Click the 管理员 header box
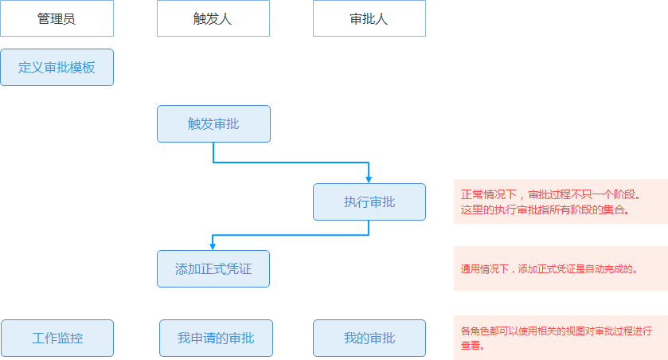coord(57,18)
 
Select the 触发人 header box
coord(213,18)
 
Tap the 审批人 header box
coord(369,18)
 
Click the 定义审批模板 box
coord(57,67)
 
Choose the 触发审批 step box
coord(213,123)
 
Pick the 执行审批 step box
coord(369,202)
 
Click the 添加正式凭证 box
coord(213,268)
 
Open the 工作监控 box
coord(57,338)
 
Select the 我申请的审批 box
coord(216,338)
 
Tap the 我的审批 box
coord(369,338)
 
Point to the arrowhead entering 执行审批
coord(369,179)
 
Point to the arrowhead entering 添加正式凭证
coord(213,246)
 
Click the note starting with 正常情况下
coord(560,202)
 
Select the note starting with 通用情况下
coord(560,268)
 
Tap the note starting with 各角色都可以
coord(560,338)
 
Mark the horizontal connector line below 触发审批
coord(291,162)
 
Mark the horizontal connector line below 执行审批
coord(291,235)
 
